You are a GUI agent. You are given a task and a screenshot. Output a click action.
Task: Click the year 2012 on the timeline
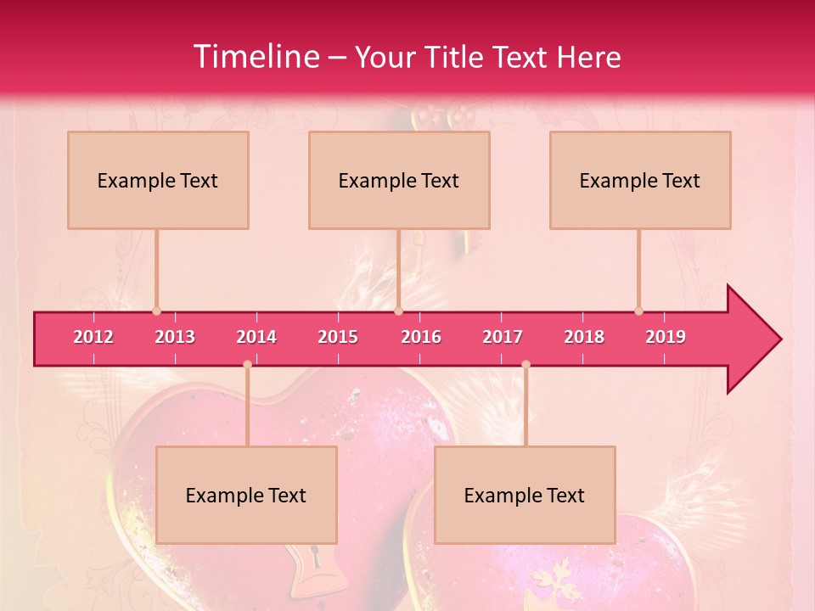pos(93,337)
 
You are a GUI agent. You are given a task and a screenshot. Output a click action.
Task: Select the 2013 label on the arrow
pos(175,337)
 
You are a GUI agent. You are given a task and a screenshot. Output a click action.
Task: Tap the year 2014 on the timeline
pos(256,337)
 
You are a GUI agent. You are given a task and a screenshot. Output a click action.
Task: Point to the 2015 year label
pos(338,337)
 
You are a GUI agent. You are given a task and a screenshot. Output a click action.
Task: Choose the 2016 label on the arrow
pos(421,337)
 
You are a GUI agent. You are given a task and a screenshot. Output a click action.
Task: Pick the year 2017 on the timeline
pos(503,337)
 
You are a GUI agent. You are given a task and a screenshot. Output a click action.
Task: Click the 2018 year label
pos(584,337)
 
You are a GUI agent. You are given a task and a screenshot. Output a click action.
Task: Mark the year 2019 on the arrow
pos(666,337)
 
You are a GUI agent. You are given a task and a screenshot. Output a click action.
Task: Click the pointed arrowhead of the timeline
pos(756,339)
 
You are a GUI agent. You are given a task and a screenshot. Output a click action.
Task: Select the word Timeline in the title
pos(256,57)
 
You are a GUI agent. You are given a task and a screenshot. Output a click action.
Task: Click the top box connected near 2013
pos(158,180)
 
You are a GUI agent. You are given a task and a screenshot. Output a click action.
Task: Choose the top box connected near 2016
pos(399,180)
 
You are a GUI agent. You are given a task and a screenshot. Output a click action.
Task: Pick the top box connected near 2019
pos(640,180)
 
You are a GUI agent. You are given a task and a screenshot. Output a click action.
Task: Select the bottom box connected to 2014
pos(246,495)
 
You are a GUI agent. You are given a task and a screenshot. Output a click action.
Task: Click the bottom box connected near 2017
pos(525,495)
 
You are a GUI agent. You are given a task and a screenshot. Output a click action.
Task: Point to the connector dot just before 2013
pos(156,311)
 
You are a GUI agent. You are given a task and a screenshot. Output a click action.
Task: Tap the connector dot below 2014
pos(247,364)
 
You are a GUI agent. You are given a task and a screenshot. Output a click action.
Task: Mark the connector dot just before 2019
pos(638,311)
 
